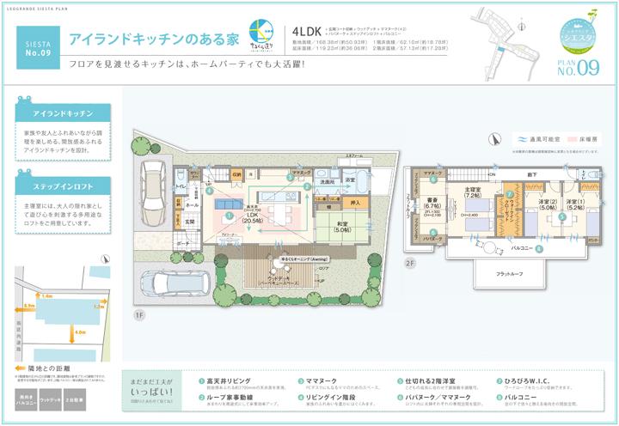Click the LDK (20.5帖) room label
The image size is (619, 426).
click(x=253, y=216)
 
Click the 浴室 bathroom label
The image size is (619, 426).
click(x=351, y=180)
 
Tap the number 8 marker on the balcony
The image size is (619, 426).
click(x=539, y=249)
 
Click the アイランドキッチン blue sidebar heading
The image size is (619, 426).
click(x=63, y=113)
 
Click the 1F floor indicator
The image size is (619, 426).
click(x=138, y=315)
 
